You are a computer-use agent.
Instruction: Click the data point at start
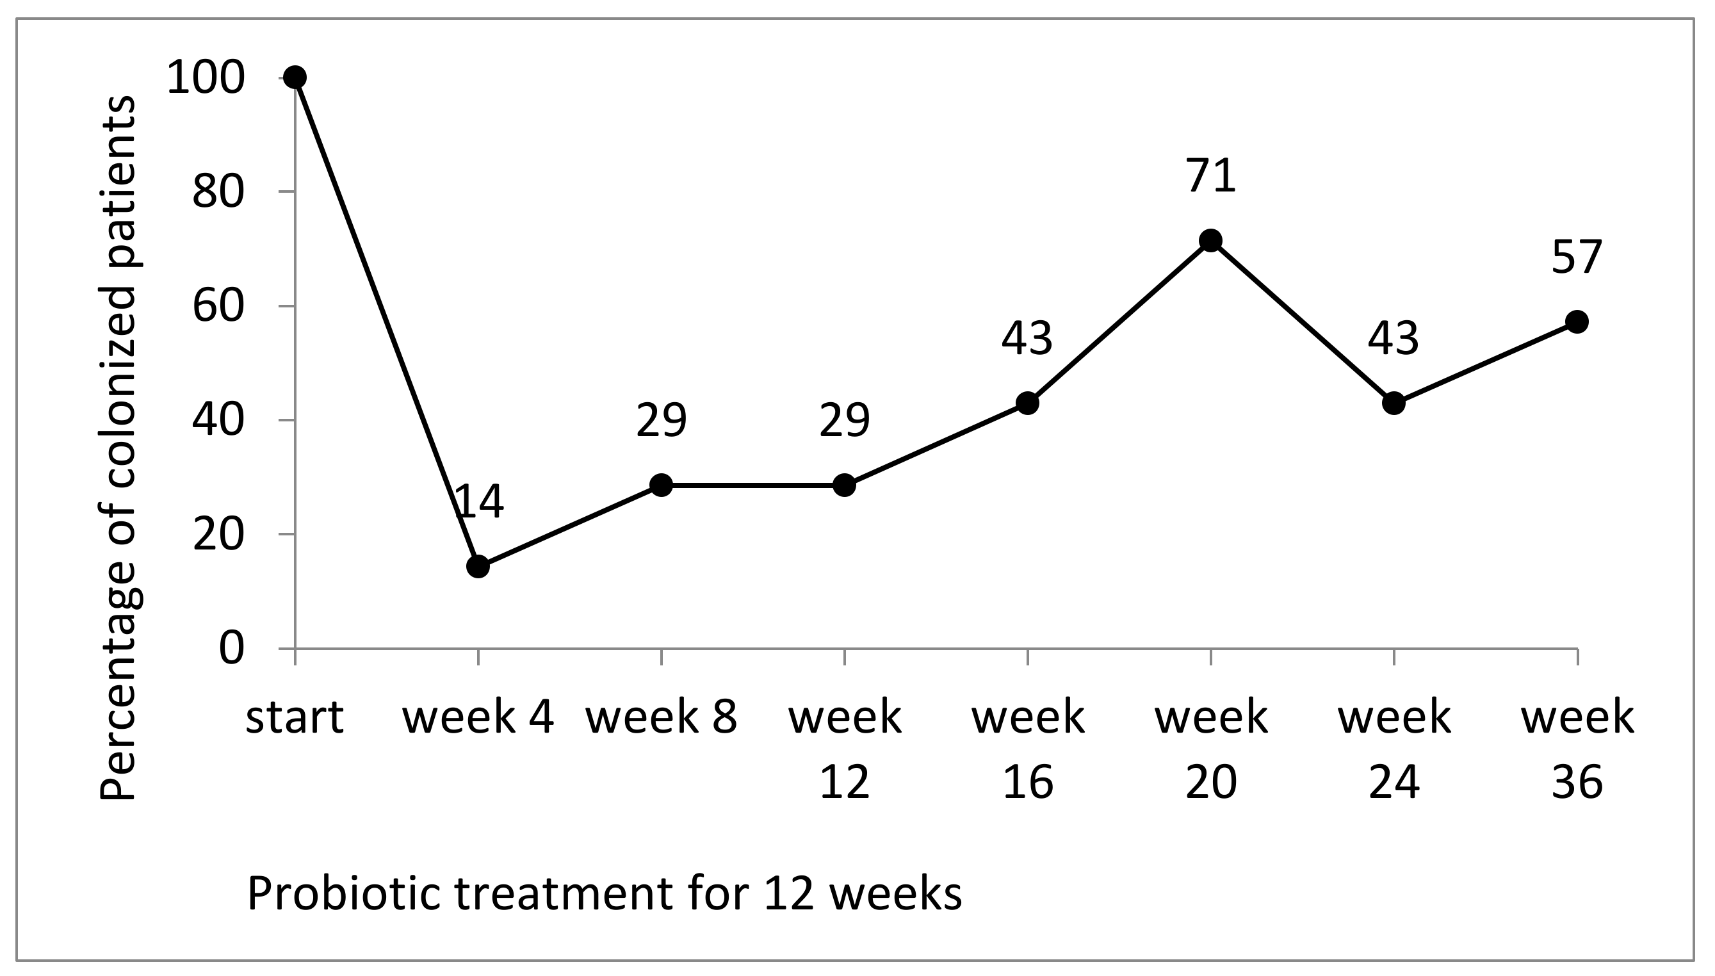click(295, 77)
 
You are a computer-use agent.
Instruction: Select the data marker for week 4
click(478, 566)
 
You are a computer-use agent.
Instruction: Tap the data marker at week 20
click(1210, 240)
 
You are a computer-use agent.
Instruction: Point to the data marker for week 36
click(1577, 321)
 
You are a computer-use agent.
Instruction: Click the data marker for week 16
click(1027, 403)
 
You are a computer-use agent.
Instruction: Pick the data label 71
click(1210, 175)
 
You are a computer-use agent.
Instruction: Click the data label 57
click(1577, 257)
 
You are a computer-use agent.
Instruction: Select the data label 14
click(478, 502)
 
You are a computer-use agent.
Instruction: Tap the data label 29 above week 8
click(661, 421)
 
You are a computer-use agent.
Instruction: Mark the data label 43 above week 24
click(1394, 339)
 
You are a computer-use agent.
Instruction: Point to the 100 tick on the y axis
click(205, 77)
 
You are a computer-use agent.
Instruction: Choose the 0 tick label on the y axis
click(231, 649)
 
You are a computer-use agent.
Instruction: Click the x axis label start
click(295, 717)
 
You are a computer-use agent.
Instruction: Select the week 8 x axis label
click(661, 717)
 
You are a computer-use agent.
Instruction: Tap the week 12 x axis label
click(845, 749)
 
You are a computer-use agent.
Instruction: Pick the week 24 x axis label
click(1394, 749)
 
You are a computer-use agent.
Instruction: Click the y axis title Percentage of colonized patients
click(118, 448)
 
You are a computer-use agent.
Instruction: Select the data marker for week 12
click(845, 485)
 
